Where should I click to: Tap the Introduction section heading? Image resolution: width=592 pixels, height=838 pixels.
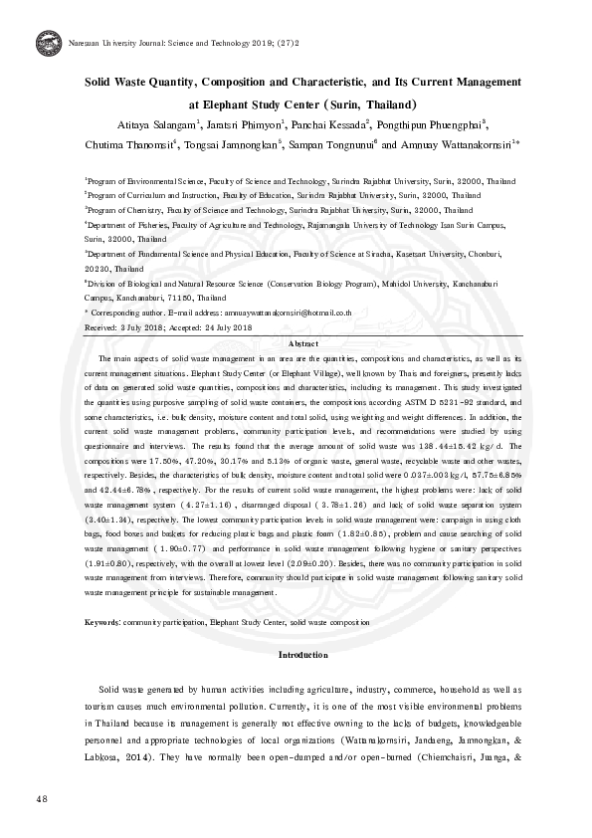pos(302,655)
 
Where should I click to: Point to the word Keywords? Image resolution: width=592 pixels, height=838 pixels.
pos(102,620)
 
